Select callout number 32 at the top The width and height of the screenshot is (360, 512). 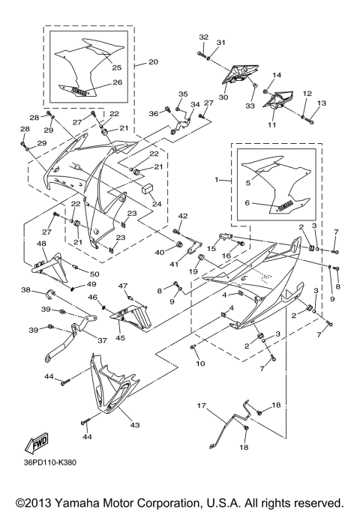pyautogui.click(x=202, y=37)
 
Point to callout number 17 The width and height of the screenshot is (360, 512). pyautogui.click(x=201, y=406)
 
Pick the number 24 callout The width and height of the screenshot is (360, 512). pyautogui.click(x=155, y=203)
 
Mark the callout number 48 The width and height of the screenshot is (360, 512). pyautogui.click(x=40, y=244)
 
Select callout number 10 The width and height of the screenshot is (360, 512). pyautogui.click(x=200, y=364)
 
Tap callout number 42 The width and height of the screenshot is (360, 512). pyautogui.click(x=182, y=216)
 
